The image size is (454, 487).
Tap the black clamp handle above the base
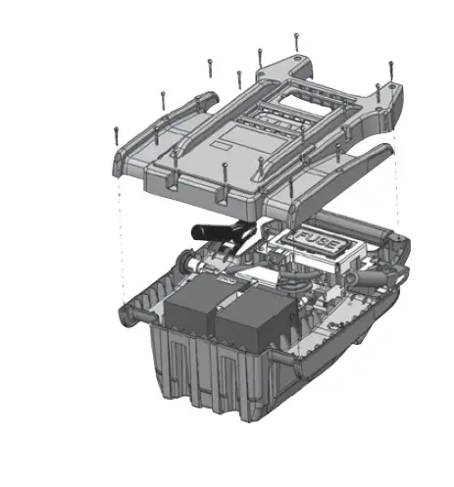click(210, 233)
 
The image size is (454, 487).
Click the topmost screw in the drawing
click(295, 41)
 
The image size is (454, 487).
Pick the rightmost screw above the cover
click(390, 71)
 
